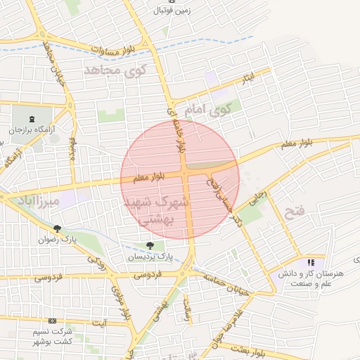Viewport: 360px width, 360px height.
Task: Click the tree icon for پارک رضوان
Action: coord(56,228)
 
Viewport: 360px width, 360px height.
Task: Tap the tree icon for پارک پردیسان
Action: coord(150,245)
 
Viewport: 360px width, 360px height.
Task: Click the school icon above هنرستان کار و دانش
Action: coord(311,262)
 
